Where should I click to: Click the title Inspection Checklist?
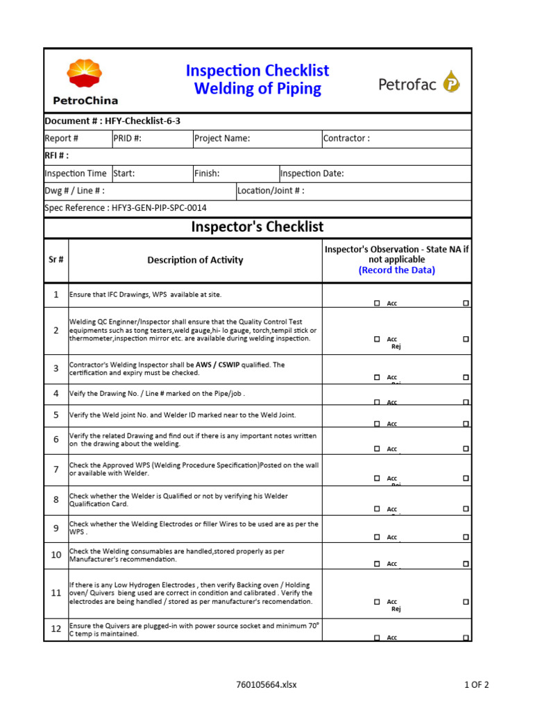pos(257,71)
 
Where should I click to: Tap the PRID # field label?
pos(128,138)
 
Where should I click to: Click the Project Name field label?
pos(222,138)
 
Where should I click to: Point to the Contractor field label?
pos(347,138)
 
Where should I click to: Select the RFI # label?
pos(57,155)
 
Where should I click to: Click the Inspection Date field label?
pos(312,173)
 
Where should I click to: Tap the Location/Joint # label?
pos(271,191)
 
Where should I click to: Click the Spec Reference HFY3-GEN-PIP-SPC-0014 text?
pos(126,208)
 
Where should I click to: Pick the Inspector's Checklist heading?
pos(257,227)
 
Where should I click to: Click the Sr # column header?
pos(56,260)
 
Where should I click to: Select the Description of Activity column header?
pos(195,260)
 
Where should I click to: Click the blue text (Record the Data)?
pos(397,270)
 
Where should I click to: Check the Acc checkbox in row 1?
pos(377,303)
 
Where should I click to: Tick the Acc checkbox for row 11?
pos(377,602)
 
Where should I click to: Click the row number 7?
pos(56,469)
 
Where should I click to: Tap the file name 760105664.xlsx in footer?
pos(266,685)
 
